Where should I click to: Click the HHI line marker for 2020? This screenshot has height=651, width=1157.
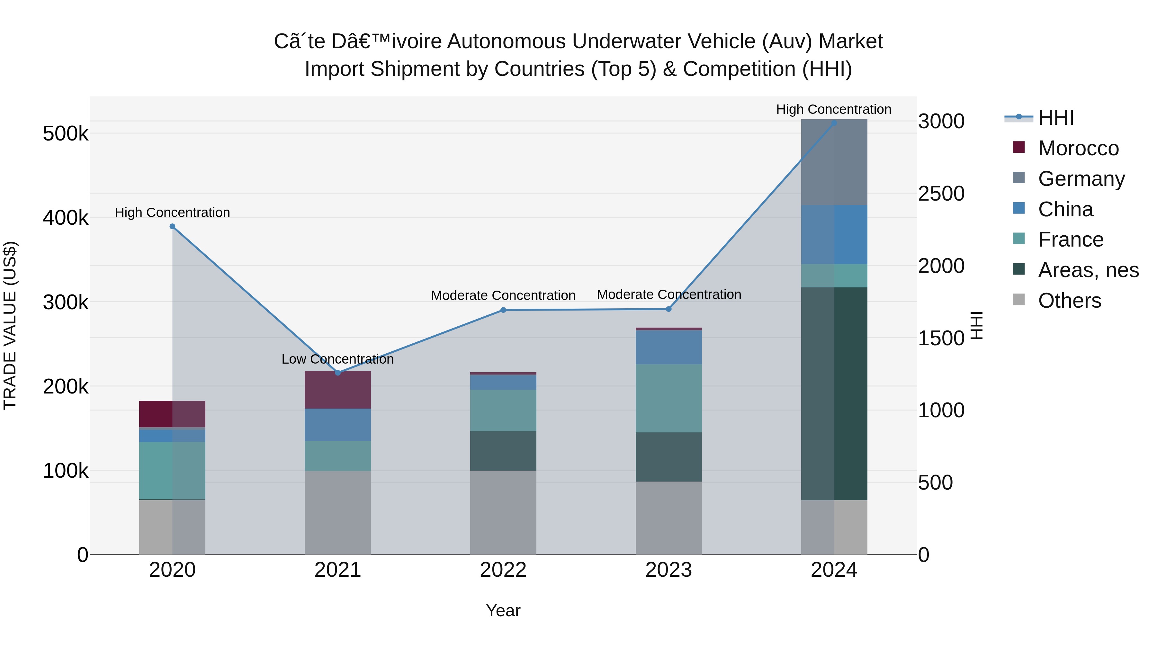[173, 226]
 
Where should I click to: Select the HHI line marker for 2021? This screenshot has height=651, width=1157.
[338, 373]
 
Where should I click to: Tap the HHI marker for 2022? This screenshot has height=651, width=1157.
[503, 310]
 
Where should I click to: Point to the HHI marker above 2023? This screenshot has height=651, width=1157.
[668, 309]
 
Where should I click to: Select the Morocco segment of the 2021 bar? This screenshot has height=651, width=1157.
[338, 390]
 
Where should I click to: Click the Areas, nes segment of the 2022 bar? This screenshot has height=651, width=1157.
[503, 451]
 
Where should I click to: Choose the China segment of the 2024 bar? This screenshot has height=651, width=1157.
[834, 235]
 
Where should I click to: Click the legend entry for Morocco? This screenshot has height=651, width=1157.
[1078, 148]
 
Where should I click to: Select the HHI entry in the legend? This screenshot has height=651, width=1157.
[1055, 118]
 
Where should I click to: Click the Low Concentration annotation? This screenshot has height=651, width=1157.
[337, 359]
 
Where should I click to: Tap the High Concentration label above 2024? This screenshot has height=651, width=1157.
[834, 109]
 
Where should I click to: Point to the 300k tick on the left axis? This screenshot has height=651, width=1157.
[66, 303]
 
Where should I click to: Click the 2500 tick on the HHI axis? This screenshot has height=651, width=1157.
[941, 194]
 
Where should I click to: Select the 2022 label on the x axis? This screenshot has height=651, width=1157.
[503, 570]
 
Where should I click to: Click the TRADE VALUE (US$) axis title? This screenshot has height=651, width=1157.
[10, 325]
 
